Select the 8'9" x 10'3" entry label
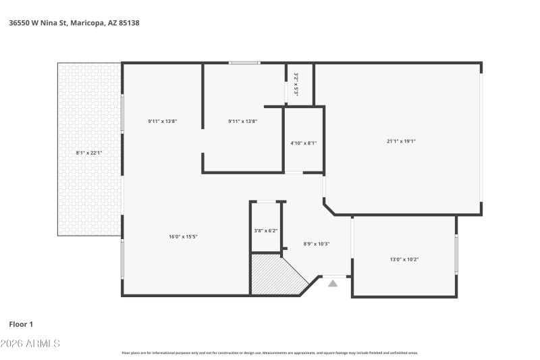(317, 243)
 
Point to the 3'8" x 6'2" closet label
(266, 230)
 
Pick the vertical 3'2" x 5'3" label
(296, 84)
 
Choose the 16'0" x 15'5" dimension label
(183, 236)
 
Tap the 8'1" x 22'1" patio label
(89, 153)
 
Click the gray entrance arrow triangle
(333, 284)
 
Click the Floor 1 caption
(21, 324)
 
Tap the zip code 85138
(128, 22)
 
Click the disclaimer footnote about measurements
(270, 353)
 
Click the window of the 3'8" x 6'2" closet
(267, 201)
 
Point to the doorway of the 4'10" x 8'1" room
(294, 173)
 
